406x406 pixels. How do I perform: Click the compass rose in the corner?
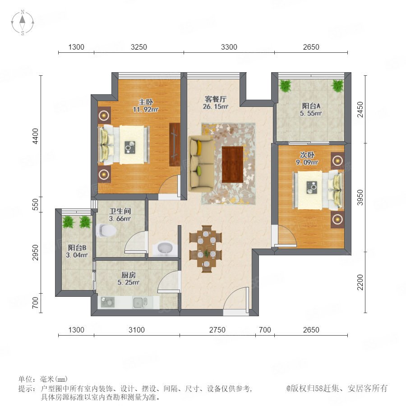click(x=23, y=22)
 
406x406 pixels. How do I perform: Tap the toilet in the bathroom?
click(x=106, y=230)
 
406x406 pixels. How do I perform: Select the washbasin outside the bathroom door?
click(x=165, y=248)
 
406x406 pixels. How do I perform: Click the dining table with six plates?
click(x=206, y=249)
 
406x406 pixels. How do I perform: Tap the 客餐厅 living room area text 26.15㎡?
click(x=216, y=106)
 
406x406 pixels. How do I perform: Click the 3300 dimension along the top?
click(x=229, y=47)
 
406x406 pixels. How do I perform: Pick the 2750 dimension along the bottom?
click(x=217, y=330)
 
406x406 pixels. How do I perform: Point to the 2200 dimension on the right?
click(x=360, y=282)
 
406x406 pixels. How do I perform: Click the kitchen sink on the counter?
click(x=140, y=302)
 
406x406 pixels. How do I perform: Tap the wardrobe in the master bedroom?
click(x=175, y=144)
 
